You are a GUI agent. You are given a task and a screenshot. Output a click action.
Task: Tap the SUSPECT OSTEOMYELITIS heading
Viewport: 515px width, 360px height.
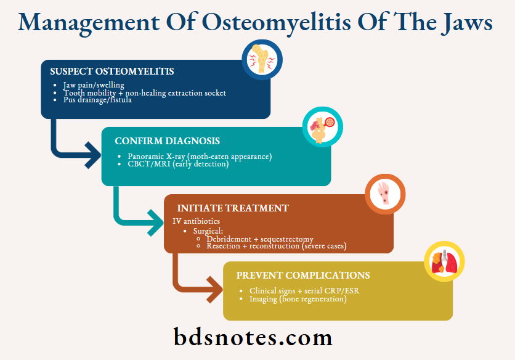tap(112, 72)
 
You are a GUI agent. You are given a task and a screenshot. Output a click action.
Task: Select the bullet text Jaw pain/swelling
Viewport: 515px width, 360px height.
tap(94, 85)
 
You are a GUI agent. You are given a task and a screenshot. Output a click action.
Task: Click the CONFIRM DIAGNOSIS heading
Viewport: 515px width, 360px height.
tap(168, 141)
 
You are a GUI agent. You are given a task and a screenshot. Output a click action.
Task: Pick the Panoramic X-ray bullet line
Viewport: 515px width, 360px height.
tap(200, 156)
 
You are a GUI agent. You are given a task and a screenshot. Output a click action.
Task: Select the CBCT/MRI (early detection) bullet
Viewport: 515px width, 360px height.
tap(178, 164)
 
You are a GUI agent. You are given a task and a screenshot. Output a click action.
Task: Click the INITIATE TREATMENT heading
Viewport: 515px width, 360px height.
tap(233, 208)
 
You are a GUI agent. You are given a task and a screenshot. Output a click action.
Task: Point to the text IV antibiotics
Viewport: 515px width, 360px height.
tap(196, 221)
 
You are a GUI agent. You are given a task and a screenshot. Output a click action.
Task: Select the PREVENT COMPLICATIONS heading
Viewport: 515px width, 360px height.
tap(303, 276)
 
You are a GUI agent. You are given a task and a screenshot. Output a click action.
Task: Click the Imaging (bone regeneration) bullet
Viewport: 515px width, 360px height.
tap(298, 299)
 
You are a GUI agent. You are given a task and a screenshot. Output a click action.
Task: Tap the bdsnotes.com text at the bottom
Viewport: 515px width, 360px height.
tap(253, 337)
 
